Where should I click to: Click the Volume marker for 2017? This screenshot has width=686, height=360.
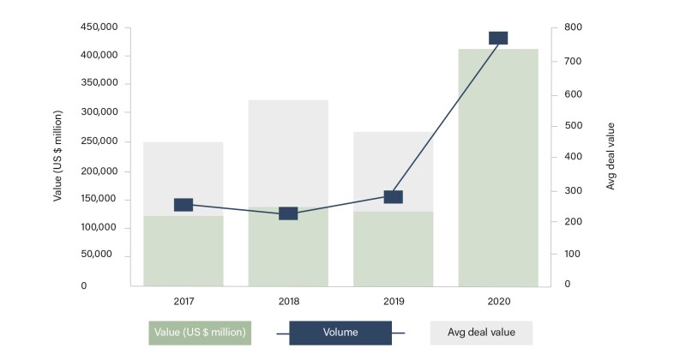click(x=184, y=205)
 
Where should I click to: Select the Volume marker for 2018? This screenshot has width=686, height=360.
click(x=288, y=213)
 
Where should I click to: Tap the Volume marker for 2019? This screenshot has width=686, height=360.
click(x=393, y=196)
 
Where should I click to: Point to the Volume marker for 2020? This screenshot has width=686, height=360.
click(x=498, y=38)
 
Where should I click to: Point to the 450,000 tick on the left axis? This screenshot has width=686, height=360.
click(x=99, y=27)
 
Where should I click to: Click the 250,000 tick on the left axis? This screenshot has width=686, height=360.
click(x=99, y=141)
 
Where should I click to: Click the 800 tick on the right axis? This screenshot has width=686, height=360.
click(x=573, y=27)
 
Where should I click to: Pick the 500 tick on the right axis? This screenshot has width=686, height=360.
click(x=573, y=125)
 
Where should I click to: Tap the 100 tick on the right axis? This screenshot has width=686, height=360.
click(x=573, y=255)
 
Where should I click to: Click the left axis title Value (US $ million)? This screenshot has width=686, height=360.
click(x=57, y=155)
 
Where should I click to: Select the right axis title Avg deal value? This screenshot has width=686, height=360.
click(x=611, y=155)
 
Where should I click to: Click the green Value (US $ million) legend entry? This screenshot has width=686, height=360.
click(x=199, y=333)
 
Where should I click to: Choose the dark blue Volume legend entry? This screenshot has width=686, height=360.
click(x=340, y=333)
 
